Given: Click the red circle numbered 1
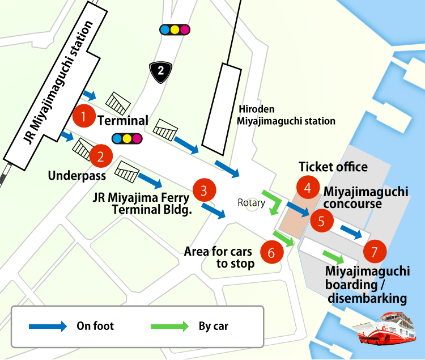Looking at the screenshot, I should (x=84, y=117).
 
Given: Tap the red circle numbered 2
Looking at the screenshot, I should (x=100, y=156).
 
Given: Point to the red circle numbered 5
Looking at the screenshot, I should (x=321, y=221).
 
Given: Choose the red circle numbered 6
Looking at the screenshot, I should (x=271, y=252).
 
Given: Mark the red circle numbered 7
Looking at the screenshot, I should (x=373, y=249).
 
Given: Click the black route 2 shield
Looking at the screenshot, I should (x=161, y=71).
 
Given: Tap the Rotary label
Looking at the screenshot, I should (x=252, y=202).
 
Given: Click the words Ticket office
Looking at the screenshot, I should (x=333, y=167).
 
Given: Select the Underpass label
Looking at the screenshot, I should (x=77, y=176).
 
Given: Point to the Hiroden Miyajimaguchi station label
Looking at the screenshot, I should (x=286, y=116).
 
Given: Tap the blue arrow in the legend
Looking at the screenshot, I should (x=48, y=326).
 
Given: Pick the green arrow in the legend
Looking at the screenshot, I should (x=169, y=326).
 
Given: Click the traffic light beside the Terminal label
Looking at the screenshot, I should (x=127, y=138).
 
